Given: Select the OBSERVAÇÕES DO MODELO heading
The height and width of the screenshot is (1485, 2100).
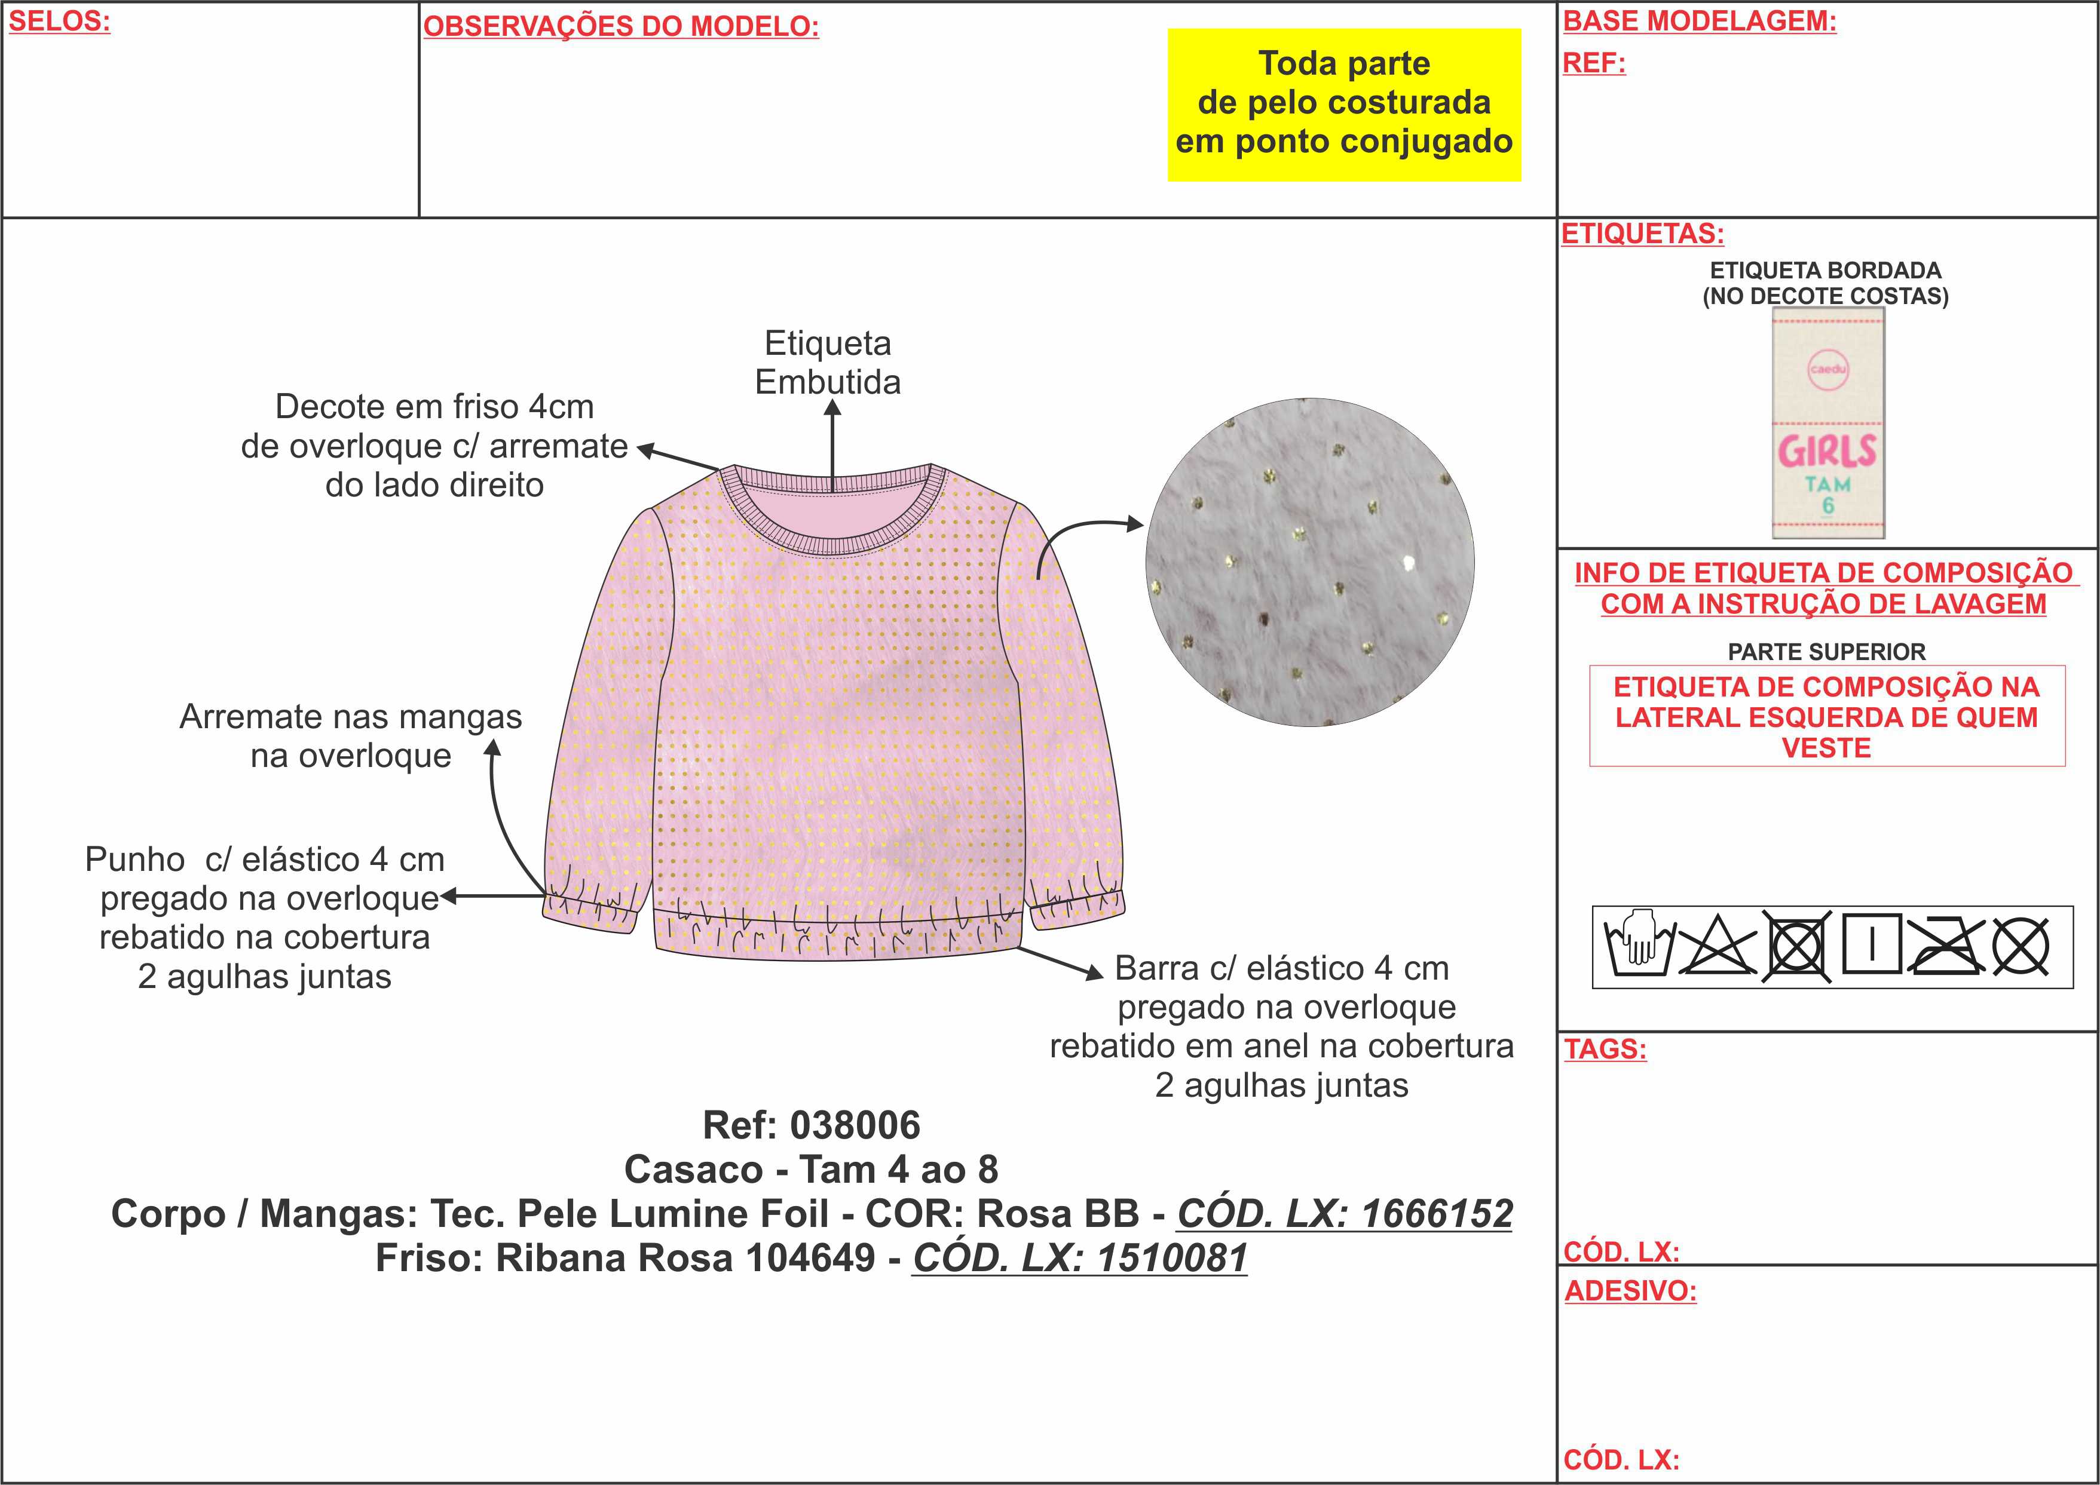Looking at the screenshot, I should click(x=621, y=26).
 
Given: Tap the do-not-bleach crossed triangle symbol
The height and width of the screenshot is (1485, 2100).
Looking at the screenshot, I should click(x=1717, y=946).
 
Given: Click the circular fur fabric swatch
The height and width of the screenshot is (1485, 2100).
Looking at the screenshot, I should click(x=1310, y=562).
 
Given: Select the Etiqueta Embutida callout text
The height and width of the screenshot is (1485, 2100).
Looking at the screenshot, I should click(x=828, y=363).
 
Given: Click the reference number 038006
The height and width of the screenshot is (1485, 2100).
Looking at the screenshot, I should click(x=855, y=1125).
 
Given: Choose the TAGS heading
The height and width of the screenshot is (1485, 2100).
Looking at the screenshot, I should click(x=1605, y=1049).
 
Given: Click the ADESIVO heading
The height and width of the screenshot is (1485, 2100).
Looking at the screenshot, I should click(x=1630, y=1291).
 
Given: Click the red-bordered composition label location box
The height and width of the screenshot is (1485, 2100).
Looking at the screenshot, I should click(x=1826, y=717).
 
